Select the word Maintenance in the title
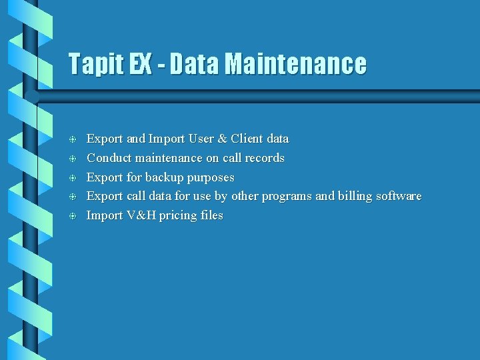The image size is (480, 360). pyautogui.click(x=295, y=64)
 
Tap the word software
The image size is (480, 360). pyautogui.click(x=399, y=196)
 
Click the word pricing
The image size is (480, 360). pyautogui.click(x=176, y=216)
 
